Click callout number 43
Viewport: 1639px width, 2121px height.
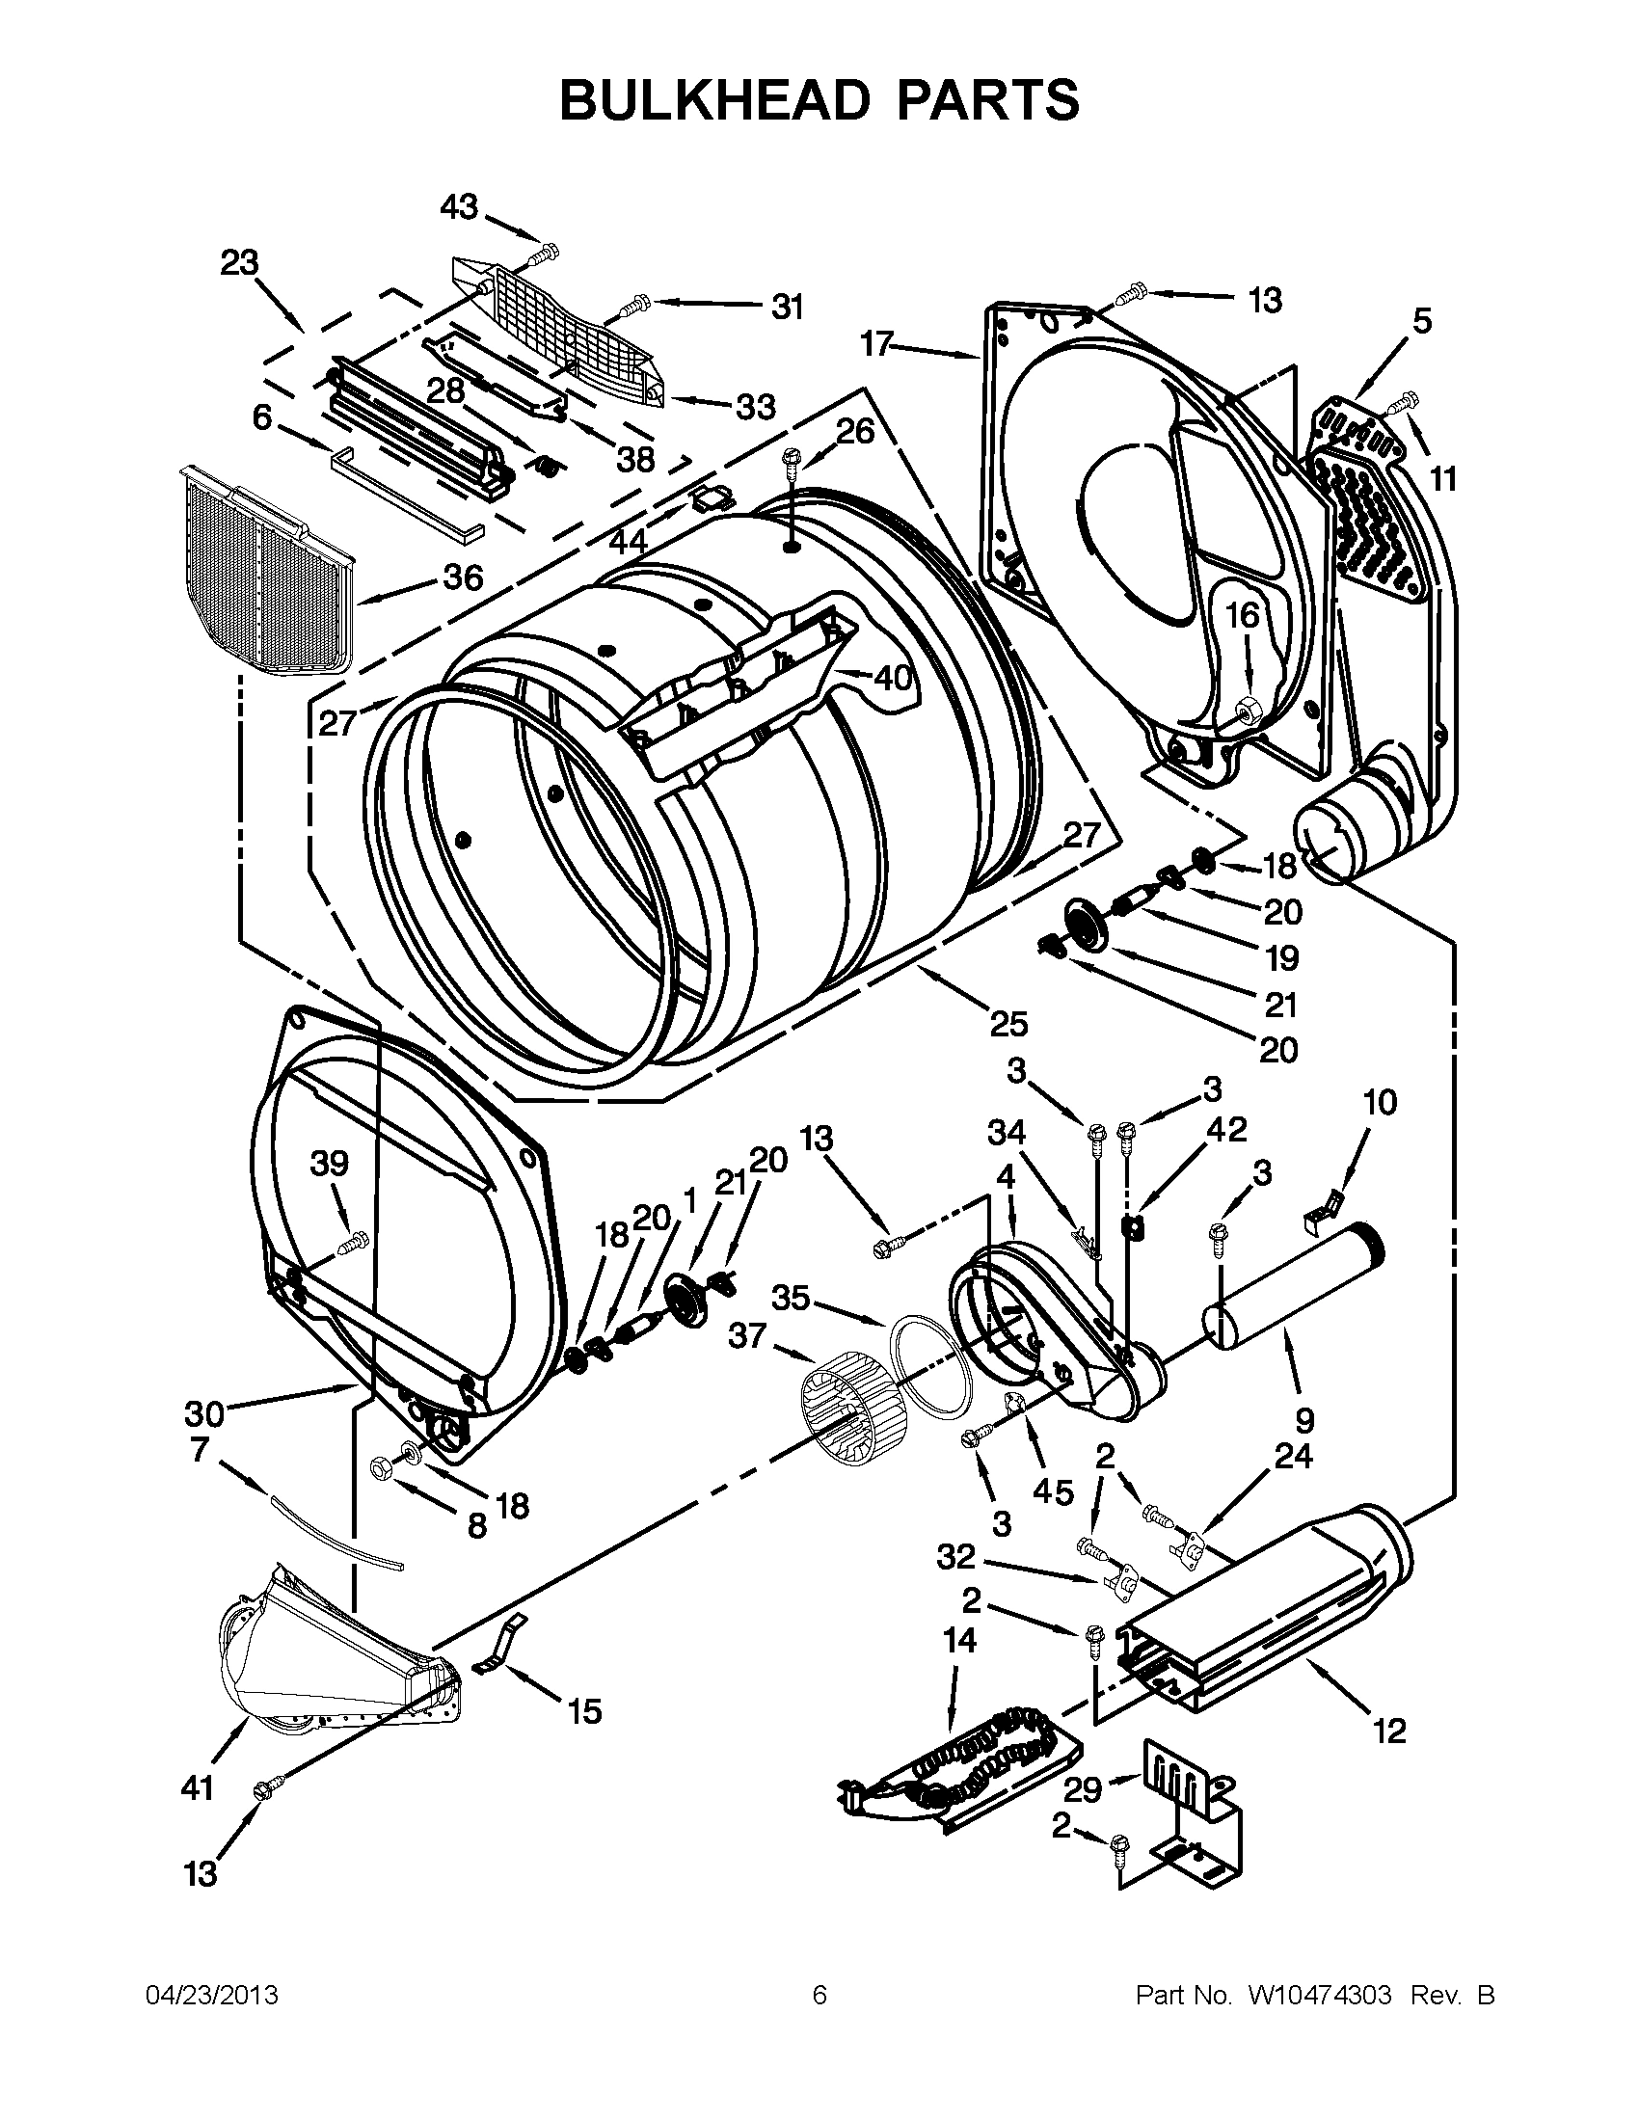(x=459, y=207)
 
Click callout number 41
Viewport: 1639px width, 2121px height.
(x=198, y=1787)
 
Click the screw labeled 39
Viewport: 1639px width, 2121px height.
(x=352, y=1242)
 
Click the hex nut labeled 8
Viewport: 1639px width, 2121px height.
(x=382, y=1468)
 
